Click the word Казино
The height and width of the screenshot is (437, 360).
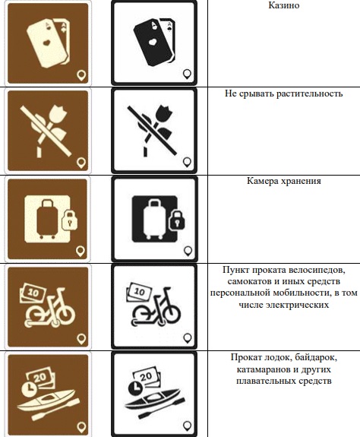coord(284,5)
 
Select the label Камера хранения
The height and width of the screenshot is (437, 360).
coord(284,181)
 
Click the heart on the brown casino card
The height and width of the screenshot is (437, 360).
coord(46,42)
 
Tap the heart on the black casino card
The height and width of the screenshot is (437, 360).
coord(153,42)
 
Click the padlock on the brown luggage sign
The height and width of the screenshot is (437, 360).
coord(69,220)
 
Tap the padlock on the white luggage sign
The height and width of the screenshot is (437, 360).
coord(176,220)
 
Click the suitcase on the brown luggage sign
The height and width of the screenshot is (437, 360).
coord(47,219)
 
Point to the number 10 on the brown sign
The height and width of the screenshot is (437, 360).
coord(33,293)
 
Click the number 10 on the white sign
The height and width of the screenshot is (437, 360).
coord(139,292)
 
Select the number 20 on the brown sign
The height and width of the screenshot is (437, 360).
coord(39,378)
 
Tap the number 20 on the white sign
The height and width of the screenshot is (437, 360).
coord(146,377)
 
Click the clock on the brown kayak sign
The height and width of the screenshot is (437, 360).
coord(29,388)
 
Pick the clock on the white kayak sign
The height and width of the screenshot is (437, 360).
coord(135,388)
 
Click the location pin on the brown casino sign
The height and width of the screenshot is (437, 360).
coord(81,75)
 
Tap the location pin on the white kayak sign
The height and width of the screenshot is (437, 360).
coord(188,426)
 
